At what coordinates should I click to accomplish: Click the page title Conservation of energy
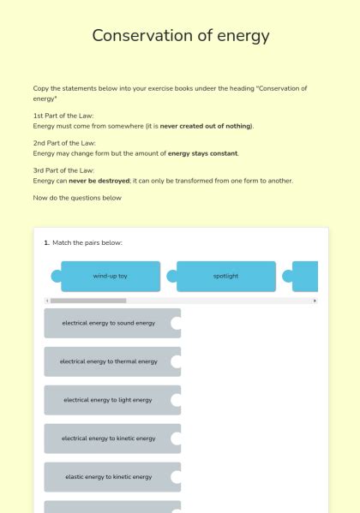180,36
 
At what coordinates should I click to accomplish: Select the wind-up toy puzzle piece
110,277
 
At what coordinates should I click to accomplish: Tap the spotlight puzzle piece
225,277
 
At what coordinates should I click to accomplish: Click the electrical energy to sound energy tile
109,323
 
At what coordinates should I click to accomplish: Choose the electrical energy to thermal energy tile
109,361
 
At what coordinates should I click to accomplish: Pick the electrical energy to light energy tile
108,400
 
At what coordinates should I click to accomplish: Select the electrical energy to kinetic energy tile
109,438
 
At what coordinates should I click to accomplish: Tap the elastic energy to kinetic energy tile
109,477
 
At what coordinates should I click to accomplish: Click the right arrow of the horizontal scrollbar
315,301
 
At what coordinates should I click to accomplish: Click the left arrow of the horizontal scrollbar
47,301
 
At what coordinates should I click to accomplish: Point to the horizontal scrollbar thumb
87,301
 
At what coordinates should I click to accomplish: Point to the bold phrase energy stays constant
202,153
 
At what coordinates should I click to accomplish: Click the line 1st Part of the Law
63,116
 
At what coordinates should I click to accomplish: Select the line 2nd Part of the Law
64,143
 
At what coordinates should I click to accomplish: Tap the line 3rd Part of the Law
64,170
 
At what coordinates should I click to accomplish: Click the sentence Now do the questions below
77,198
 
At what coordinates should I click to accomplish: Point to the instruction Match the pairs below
87,243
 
